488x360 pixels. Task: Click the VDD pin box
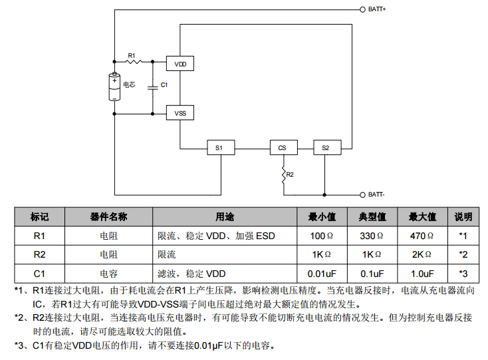coord(180,64)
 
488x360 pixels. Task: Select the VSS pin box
coord(180,114)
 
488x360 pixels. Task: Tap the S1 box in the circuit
coord(219,148)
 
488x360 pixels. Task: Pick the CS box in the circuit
coord(283,148)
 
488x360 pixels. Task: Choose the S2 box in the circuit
coord(325,148)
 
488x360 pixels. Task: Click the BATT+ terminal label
coord(376,11)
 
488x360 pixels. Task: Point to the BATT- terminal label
coord(376,195)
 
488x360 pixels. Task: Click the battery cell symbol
coord(114,87)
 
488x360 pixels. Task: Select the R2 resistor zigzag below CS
coord(283,175)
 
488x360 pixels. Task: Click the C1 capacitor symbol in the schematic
coord(152,86)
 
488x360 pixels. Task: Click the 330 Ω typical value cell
coord(372,236)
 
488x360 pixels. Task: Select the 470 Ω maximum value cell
coord(422,236)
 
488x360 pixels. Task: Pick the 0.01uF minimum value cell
coord(322,273)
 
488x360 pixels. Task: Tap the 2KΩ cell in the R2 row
coord(422,254)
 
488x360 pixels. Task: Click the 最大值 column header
coord(422,217)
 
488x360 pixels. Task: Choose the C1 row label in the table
coord(39,273)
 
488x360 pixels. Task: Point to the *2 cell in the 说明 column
coord(463,254)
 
